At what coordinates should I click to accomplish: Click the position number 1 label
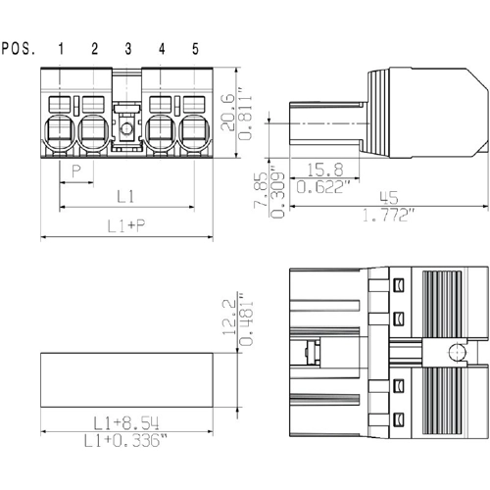(x=61, y=49)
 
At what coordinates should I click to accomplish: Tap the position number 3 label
(x=128, y=49)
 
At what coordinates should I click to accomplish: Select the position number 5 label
(x=195, y=49)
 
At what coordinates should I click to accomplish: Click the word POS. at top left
(x=19, y=49)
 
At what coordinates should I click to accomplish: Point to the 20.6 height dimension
(x=227, y=113)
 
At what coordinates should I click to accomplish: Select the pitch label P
(x=76, y=171)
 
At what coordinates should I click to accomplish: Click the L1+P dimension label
(x=126, y=225)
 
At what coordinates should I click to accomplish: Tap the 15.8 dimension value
(x=325, y=170)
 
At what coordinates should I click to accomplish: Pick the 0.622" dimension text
(x=323, y=187)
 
